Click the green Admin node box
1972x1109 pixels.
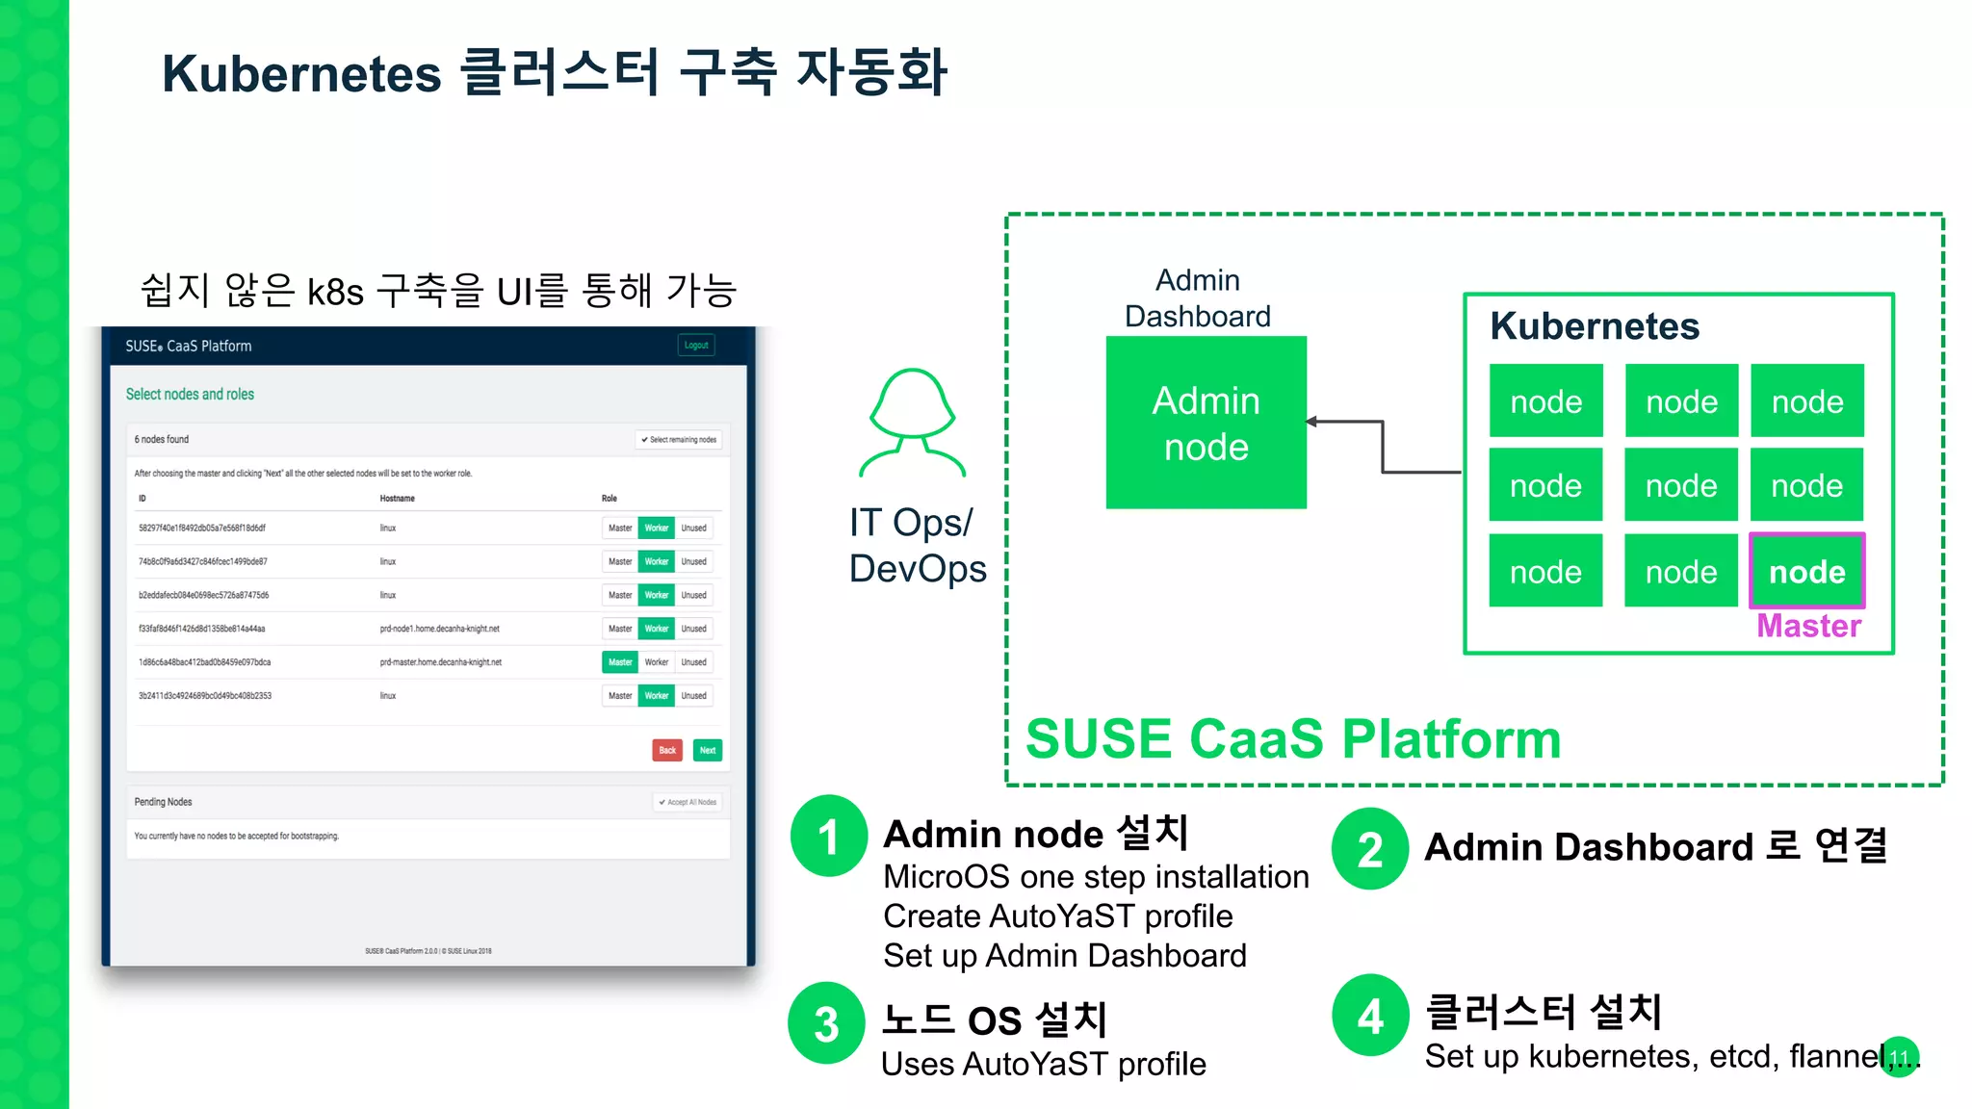[1206, 423]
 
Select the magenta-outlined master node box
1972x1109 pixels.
[1806, 571]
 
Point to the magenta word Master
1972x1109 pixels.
[1808, 627]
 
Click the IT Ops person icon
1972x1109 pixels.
[912, 423]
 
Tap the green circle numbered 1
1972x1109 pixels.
[828, 836]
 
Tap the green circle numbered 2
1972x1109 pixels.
[1369, 849]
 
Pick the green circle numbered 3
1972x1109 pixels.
[826, 1022]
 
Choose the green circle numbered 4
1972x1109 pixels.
[1370, 1016]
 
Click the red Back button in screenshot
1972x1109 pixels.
[666, 750]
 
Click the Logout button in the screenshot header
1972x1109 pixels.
[696, 345]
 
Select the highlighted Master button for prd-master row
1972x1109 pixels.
[620, 662]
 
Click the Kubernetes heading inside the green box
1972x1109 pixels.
[1595, 326]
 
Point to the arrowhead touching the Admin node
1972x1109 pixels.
[1312, 422]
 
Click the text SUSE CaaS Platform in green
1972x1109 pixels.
[1292, 739]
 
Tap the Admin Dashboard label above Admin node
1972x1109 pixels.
[1197, 298]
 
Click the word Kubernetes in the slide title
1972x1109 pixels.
[301, 74]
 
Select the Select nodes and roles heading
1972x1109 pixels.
[190, 394]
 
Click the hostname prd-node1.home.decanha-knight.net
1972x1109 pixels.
[439, 629]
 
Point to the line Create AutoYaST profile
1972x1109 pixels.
[1057, 916]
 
